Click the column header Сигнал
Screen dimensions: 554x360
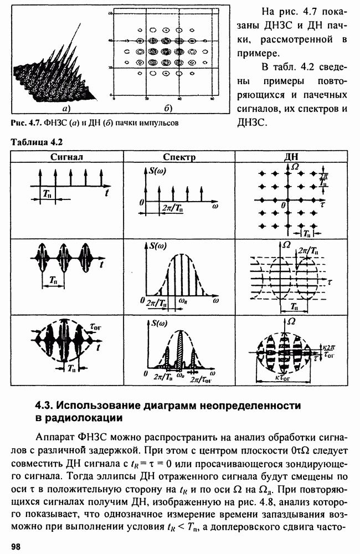66,157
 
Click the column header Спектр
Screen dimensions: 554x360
179,157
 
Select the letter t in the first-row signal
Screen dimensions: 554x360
106,192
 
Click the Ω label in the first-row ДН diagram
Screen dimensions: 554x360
295,166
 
